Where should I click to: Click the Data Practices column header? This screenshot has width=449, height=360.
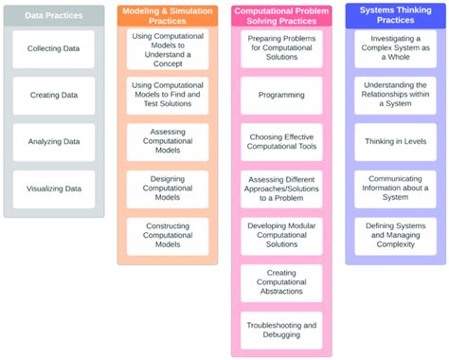54,16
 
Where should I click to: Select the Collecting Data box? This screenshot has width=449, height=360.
54,48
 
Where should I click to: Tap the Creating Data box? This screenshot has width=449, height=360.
54,95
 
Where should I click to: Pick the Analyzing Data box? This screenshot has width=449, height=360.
54,141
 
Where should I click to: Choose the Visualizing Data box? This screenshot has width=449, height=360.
54,188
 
